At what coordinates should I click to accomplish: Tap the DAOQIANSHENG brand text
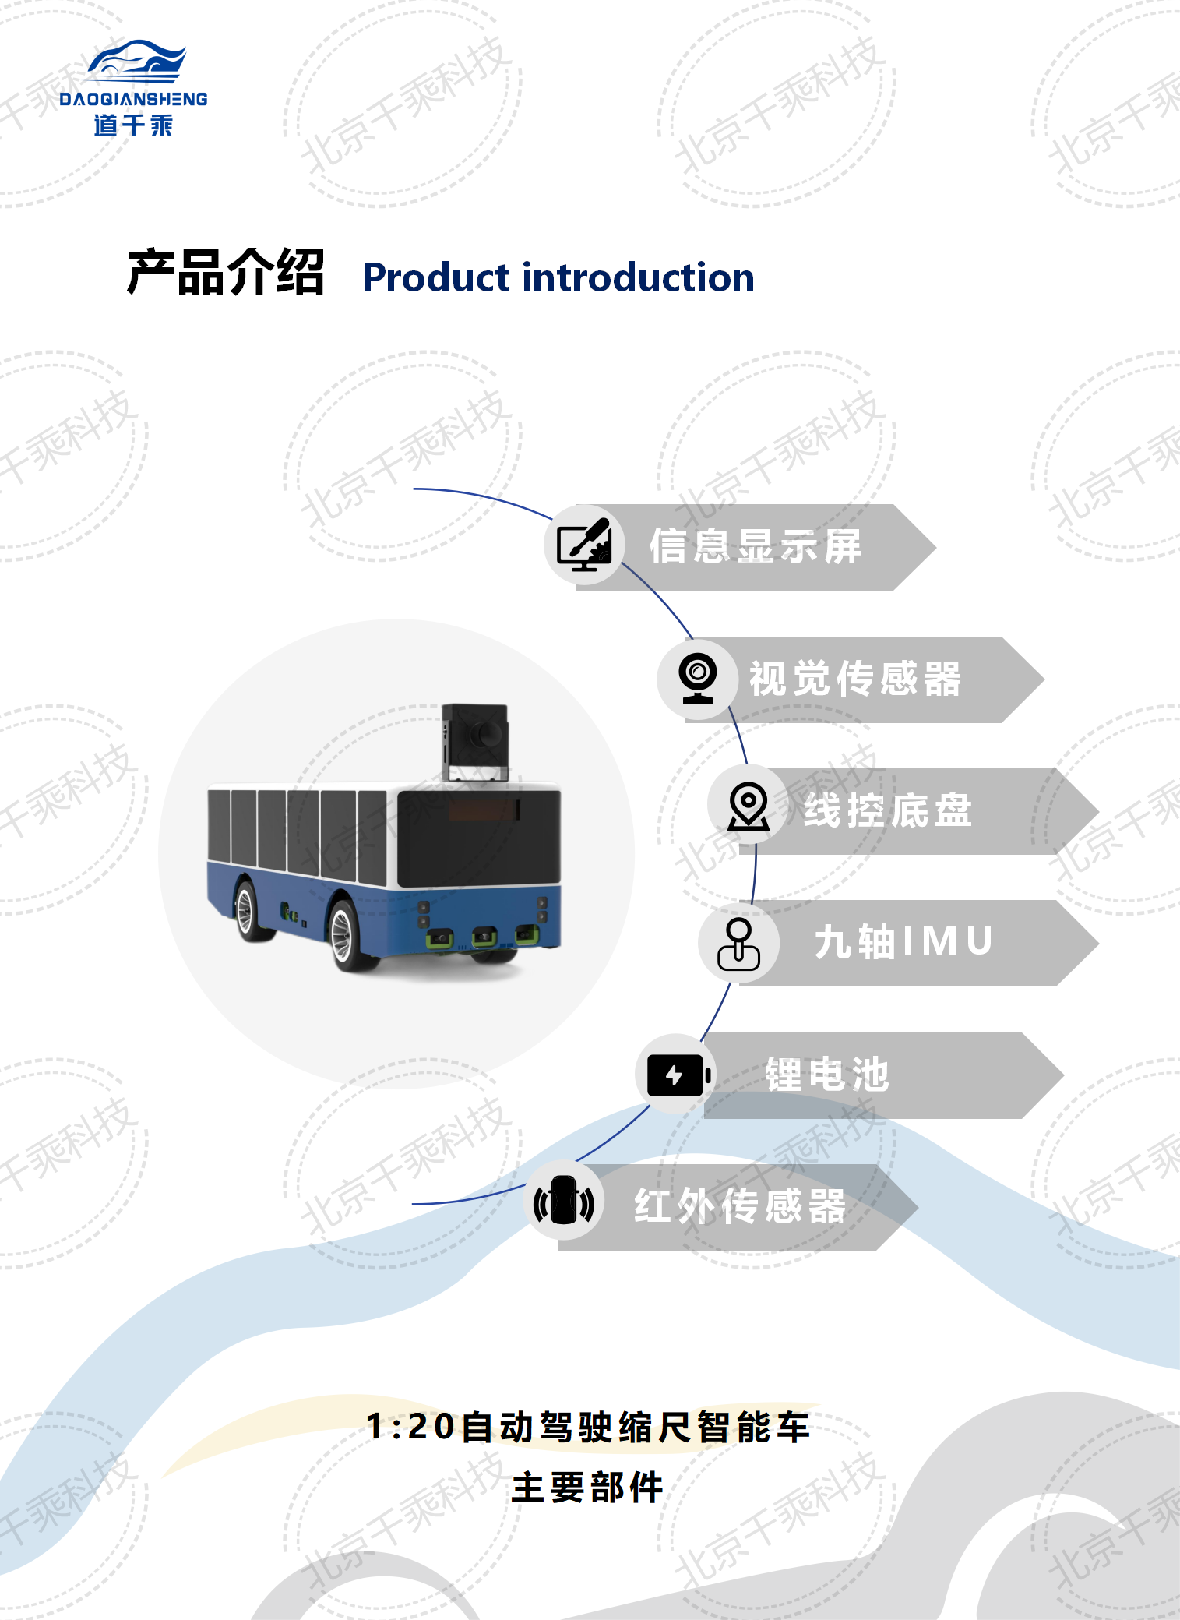pos(133,99)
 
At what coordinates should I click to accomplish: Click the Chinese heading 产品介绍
pos(225,274)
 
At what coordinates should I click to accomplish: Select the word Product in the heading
pos(436,277)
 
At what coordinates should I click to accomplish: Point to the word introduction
pos(639,277)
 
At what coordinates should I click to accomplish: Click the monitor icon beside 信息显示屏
pos(584,545)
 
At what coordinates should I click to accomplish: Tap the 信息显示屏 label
pos(756,546)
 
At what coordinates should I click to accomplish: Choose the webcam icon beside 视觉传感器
pos(698,678)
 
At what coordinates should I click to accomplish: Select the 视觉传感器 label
pos(855,679)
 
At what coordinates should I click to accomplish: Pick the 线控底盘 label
pos(888,810)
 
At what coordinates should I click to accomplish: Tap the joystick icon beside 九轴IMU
pos(738,944)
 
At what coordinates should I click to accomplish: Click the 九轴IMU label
pos(903,941)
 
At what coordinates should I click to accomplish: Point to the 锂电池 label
pos(826,1075)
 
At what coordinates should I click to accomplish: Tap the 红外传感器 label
pos(740,1206)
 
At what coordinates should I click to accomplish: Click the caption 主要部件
pos(587,1488)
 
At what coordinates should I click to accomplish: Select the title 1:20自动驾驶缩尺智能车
pos(588,1427)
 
